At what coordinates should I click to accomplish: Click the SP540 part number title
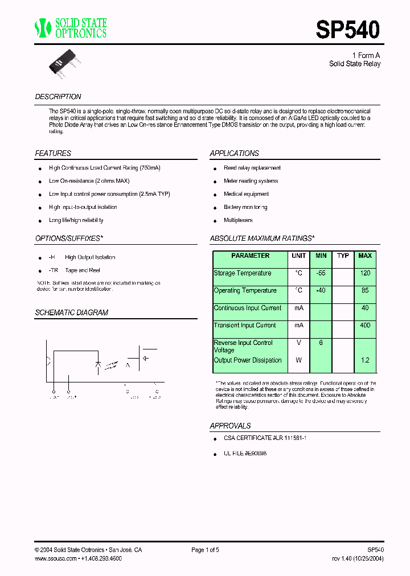pos(347,29)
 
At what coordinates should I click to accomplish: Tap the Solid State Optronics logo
pos(71,28)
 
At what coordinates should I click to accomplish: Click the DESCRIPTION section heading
pos(58,97)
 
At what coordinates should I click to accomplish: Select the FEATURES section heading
pos(53,153)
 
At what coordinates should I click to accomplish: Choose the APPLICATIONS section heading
pos(234,153)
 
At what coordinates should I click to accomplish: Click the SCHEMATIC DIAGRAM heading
pos(71,312)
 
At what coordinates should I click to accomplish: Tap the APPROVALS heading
pos(230,426)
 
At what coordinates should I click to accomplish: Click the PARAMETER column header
pos(250,256)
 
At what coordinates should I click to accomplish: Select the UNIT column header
pos(298,256)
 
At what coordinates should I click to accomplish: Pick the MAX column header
pos(365,256)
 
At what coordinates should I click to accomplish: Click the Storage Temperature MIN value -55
pos(321,273)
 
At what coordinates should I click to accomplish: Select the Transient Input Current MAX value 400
pos(365,326)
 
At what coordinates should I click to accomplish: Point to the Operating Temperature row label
pos(245,291)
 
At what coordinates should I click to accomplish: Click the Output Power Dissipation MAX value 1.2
pos(365,360)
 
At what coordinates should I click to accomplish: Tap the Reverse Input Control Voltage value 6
pos(321,343)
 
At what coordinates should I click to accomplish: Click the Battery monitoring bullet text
pos(245,207)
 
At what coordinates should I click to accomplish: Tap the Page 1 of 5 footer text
pos(205,550)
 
